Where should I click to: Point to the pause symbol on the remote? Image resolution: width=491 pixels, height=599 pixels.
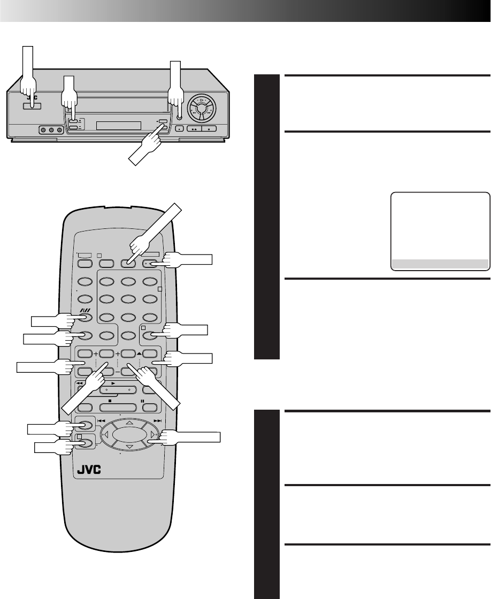143,400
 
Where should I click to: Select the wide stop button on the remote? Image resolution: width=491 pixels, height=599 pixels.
110,407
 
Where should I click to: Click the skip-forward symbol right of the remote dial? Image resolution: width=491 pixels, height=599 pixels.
157,421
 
